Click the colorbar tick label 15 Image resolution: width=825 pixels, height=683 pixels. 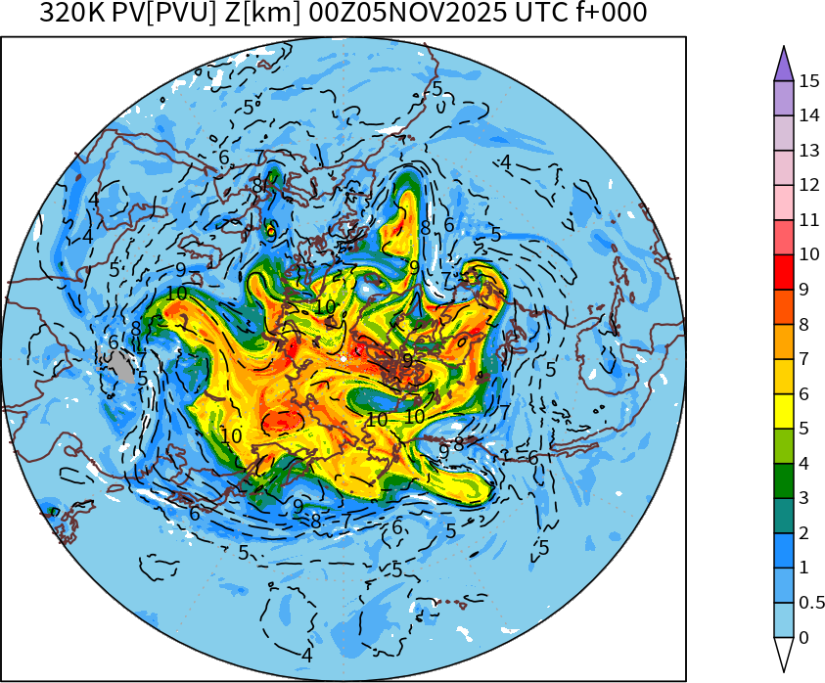[x=808, y=81]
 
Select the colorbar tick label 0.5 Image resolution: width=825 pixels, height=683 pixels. [x=812, y=603]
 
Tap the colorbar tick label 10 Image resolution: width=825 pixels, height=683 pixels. [x=808, y=255]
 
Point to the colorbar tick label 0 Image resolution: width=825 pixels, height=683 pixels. [x=803, y=638]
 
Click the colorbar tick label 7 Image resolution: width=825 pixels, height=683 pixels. [x=803, y=359]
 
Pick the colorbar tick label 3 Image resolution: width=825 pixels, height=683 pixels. [x=803, y=498]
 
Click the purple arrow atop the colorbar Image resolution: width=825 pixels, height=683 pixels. [x=783, y=65]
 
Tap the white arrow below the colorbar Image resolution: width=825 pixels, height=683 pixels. [x=783, y=654]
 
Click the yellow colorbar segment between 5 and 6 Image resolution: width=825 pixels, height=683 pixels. [x=783, y=411]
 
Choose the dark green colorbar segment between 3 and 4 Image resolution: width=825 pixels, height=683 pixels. [x=783, y=480]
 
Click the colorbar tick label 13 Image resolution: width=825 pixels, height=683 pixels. [x=808, y=151]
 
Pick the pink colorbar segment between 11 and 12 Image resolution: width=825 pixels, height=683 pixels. [x=783, y=203]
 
